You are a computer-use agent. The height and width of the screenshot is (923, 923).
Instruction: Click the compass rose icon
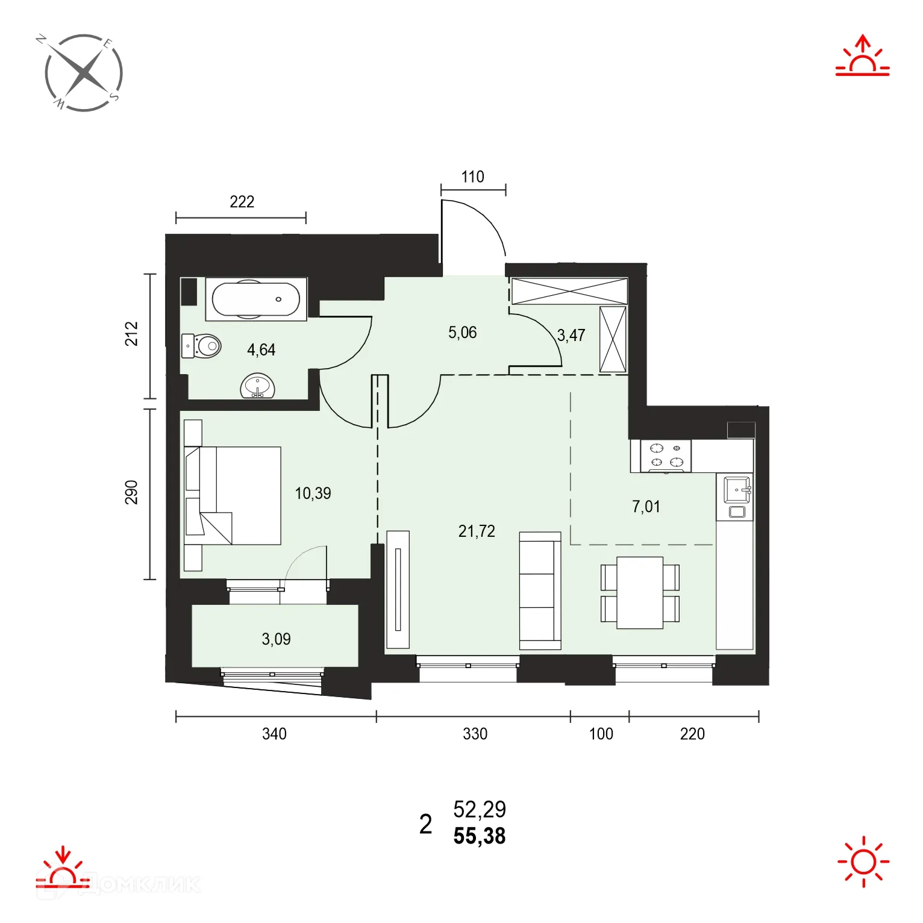pos(84,73)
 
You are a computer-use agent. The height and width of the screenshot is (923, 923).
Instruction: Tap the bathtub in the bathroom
pos(256,299)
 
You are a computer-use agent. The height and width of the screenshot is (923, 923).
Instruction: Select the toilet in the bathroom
pos(201,346)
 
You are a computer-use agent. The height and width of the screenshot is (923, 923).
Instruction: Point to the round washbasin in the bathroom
pos(258,386)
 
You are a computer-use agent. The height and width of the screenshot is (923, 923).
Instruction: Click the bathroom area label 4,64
pos(261,350)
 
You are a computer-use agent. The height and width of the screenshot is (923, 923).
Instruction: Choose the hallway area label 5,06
pos(463,333)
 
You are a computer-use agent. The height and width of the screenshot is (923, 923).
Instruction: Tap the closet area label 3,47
pos(571,335)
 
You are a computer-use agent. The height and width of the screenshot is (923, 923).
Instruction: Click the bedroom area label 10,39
pos(313,493)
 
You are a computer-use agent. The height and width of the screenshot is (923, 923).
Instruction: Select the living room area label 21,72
pos(477,531)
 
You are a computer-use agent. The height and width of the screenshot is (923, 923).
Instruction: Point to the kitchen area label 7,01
pos(646,507)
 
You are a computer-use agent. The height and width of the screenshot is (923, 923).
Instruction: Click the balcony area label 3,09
pos(276,639)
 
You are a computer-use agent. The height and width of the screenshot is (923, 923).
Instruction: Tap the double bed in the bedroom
pos(233,496)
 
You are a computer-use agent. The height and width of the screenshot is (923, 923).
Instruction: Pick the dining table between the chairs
pos(640,593)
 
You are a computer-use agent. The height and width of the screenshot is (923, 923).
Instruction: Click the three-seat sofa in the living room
pos(540,590)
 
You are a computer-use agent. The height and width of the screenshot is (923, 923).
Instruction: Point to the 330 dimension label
pos(475,734)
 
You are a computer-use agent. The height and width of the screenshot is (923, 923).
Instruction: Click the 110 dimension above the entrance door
pos(473,177)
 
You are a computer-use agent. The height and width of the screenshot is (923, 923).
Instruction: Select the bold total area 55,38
pos(480,836)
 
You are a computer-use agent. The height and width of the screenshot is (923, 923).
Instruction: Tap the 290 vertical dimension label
pos(131,492)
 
